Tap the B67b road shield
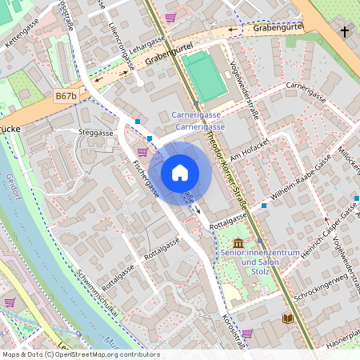[66, 96]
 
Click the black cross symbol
[345, 32]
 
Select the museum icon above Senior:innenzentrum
[238, 242]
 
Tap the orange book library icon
[287, 318]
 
